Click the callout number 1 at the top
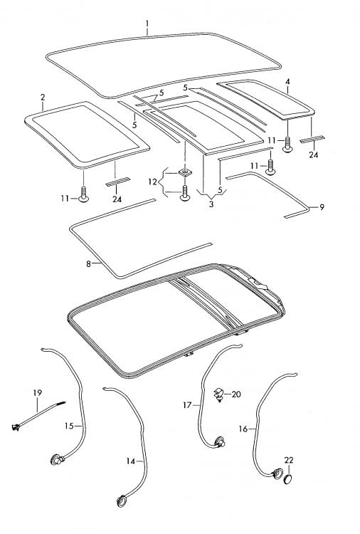(x=147, y=23)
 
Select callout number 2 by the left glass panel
(x=43, y=97)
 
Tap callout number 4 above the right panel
(x=288, y=82)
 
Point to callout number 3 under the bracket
(x=211, y=204)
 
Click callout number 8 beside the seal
(x=88, y=263)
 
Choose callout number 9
(x=322, y=207)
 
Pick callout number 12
(x=153, y=182)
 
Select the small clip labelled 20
(x=218, y=394)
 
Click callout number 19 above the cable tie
(x=38, y=393)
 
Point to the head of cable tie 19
(x=15, y=425)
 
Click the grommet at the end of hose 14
(x=121, y=500)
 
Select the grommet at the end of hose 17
(x=219, y=442)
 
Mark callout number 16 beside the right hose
(x=243, y=429)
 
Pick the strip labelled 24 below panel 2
(x=117, y=182)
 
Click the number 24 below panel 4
(x=313, y=155)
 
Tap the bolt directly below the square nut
(x=184, y=193)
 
